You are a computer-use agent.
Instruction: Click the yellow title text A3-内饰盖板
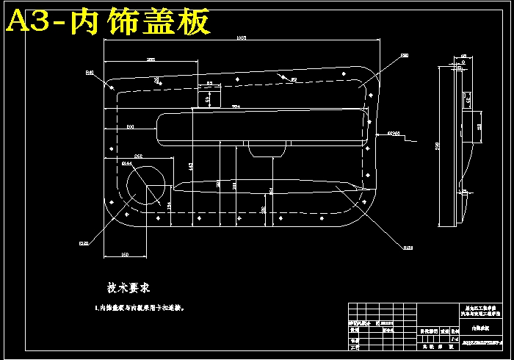109,21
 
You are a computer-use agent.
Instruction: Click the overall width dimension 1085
241,38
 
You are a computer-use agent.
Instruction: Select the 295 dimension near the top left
151,59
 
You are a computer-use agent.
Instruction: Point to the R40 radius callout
90,72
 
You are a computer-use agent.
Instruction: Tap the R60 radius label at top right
405,55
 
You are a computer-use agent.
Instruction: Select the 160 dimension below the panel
124,254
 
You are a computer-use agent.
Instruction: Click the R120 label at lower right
408,248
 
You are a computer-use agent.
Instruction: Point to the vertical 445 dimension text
191,168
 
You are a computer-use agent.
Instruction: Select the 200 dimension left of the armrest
130,127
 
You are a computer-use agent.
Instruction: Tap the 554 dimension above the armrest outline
236,107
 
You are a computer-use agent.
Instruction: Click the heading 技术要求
129,289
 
